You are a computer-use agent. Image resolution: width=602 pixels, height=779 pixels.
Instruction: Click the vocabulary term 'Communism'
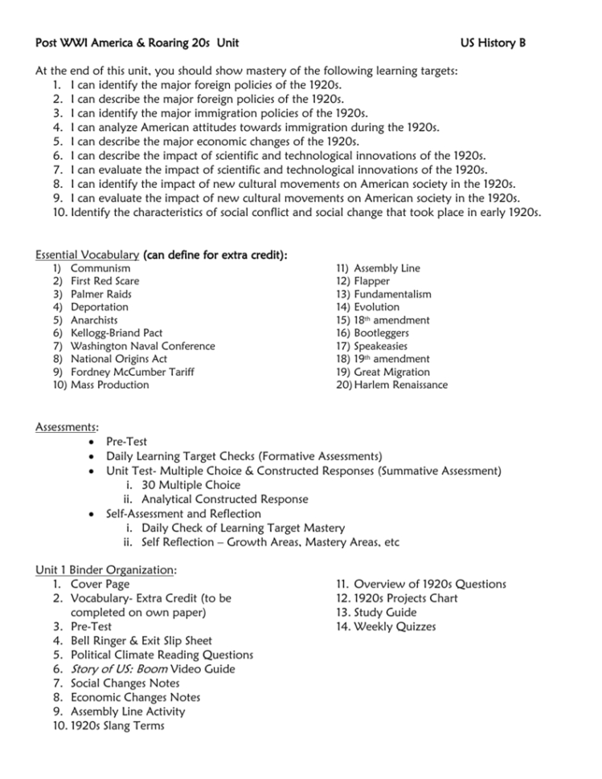click(100, 268)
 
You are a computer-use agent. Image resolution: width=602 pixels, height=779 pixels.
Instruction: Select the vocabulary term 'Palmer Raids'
click(101, 294)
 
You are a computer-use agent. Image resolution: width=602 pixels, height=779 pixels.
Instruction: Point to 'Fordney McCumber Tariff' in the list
click(132, 372)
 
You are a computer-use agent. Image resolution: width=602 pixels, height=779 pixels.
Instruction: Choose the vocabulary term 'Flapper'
click(372, 281)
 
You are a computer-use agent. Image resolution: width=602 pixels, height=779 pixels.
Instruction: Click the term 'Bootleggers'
click(382, 333)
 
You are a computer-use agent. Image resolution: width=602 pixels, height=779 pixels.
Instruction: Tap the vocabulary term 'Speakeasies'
click(381, 346)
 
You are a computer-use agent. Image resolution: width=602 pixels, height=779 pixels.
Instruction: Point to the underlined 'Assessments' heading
click(67, 427)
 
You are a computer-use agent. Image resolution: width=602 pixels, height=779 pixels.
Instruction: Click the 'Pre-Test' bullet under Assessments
click(126, 442)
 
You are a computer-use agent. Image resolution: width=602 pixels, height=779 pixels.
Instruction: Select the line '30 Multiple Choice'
click(190, 485)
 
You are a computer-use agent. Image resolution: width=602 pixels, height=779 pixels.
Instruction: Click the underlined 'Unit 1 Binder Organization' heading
click(106, 570)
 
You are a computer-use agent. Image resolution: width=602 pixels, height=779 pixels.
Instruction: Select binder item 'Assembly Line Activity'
click(128, 712)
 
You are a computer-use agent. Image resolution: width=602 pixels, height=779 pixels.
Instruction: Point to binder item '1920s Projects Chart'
click(406, 598)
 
